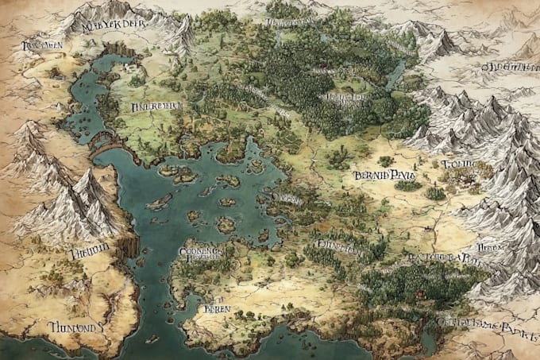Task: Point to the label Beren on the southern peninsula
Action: [216, 308]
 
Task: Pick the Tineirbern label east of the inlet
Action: [156, 106]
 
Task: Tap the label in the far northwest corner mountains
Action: [40, 46]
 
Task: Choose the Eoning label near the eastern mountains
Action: [458, 165]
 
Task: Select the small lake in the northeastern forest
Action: [395, 75]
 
